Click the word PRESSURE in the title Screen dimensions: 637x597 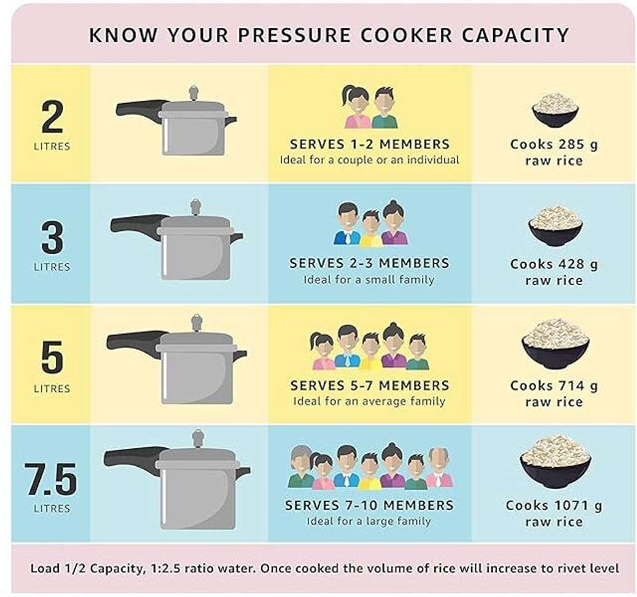click(294, 35)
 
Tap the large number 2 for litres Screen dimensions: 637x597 click(52, 116)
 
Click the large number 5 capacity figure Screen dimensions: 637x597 click(52, 357)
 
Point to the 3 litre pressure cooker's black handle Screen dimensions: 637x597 click(136, 227)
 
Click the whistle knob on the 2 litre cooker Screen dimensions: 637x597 click(193, 93)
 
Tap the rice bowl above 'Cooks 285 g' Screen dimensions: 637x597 click(555, 110)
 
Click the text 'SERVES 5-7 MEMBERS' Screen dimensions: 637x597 click(370, 385)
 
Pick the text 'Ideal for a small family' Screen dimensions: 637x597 click(369, 280)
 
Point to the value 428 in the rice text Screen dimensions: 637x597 click(572, 264)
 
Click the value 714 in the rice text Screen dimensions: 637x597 click(572, 386)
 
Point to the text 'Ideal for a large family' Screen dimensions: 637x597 click(369, 521)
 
